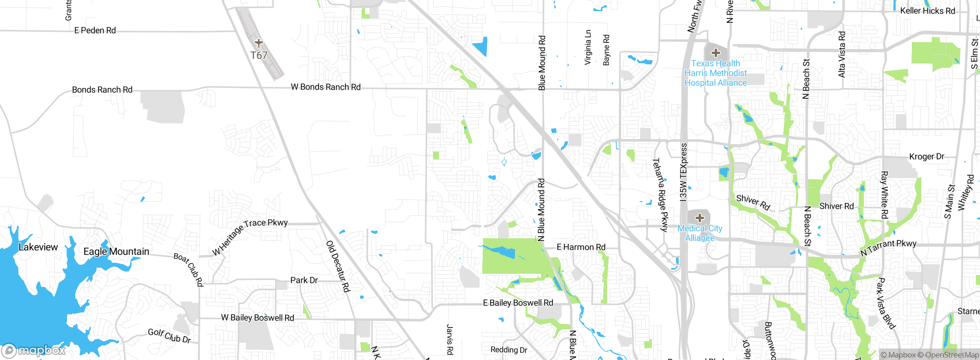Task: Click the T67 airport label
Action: pyautogui.click(x=259, y=56)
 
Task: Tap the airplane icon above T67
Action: pyautogui.click(x=259, y=43)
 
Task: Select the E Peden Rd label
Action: pyautogui.click(x=95, y=30)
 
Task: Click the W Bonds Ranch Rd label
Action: pyautogui.click(x=326, y=87)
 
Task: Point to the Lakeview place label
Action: pyautogui.click(x=38, y=247)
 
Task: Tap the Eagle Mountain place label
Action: pyautogui.click(x=116, y=252)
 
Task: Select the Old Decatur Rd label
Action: pyautogui.click(x=338, y=267)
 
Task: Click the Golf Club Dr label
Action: pyautogui.click(x=169, y=336)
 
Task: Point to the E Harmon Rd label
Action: pyautogui.click(x=581, y=247)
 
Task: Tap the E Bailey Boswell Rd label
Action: pyautogui.click(x=518, y=303)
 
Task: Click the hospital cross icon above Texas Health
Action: pyautogui.click(x=716, y=53)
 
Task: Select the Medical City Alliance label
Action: pyautogui.click(x=700, y=233)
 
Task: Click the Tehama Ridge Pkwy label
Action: pyautogui.click(x=660, y=195)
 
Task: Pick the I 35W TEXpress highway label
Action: pyautogui.click(x=684, y=172)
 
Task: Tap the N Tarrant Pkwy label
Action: pyautogui.click(x=888, y=247)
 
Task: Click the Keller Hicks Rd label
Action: pyautogui.click(x=928, y=11)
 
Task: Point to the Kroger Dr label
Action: pyautogui.click(x=926, y=156)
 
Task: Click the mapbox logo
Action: pyautogui.click(x=34, y=350)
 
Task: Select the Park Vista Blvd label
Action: pyautogui.click(x=886, y=303)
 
